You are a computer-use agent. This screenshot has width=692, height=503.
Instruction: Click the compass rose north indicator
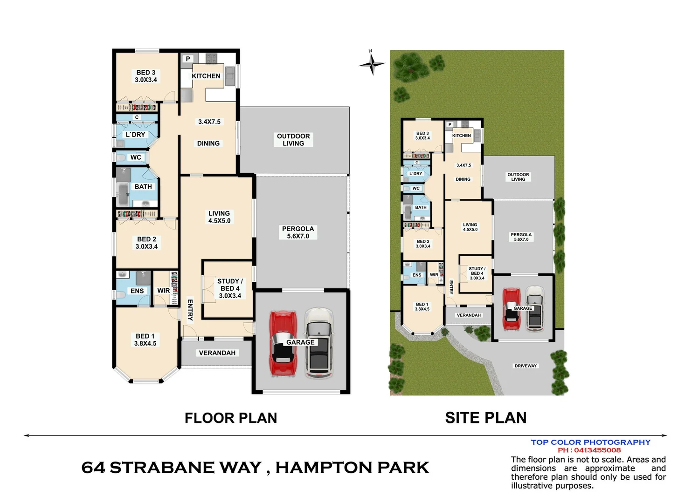click(372, 64)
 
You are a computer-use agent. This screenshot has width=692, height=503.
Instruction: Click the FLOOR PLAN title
click(231, 418)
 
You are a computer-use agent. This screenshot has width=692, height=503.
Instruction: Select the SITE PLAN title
click(485, 418)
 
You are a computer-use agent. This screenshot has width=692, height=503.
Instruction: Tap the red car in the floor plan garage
click(283, 343)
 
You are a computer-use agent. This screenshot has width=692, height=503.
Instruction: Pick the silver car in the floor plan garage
click(319, 343)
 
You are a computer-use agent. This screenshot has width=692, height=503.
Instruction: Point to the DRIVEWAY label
click(526, 366)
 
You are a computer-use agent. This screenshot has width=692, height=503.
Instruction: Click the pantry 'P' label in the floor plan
click(188, 59)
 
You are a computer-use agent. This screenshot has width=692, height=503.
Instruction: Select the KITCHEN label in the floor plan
click(206, 76)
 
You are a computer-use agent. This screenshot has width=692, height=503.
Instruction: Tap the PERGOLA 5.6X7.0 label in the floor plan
click(298, 232)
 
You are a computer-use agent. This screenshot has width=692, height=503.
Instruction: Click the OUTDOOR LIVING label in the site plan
click(518, 177)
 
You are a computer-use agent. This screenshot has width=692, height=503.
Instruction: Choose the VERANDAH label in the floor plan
click(217, 353)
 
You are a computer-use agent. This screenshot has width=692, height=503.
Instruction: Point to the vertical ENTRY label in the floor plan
click(190, 310)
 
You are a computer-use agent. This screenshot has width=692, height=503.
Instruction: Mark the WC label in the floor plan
click(136, 157)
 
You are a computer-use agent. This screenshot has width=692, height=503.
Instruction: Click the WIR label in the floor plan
click(163, 291)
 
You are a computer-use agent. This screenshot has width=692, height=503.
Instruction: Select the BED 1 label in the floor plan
click(145, 340)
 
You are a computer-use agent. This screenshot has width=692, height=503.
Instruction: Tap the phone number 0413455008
click(589, 450)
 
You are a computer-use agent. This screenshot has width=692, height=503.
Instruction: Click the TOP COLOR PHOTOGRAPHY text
click(590, 442)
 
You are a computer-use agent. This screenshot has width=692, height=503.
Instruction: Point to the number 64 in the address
click(93, 468)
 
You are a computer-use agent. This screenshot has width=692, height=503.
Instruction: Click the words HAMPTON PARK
click(352, 468)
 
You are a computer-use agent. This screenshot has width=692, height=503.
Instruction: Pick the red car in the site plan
click(511, 308)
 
